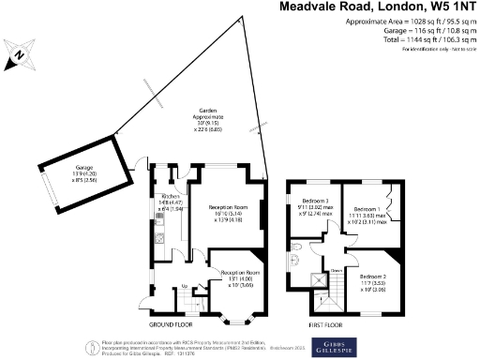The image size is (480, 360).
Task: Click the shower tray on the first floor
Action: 307,278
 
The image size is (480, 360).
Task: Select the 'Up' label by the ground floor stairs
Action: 184,286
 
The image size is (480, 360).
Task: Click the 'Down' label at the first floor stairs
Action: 336,269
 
